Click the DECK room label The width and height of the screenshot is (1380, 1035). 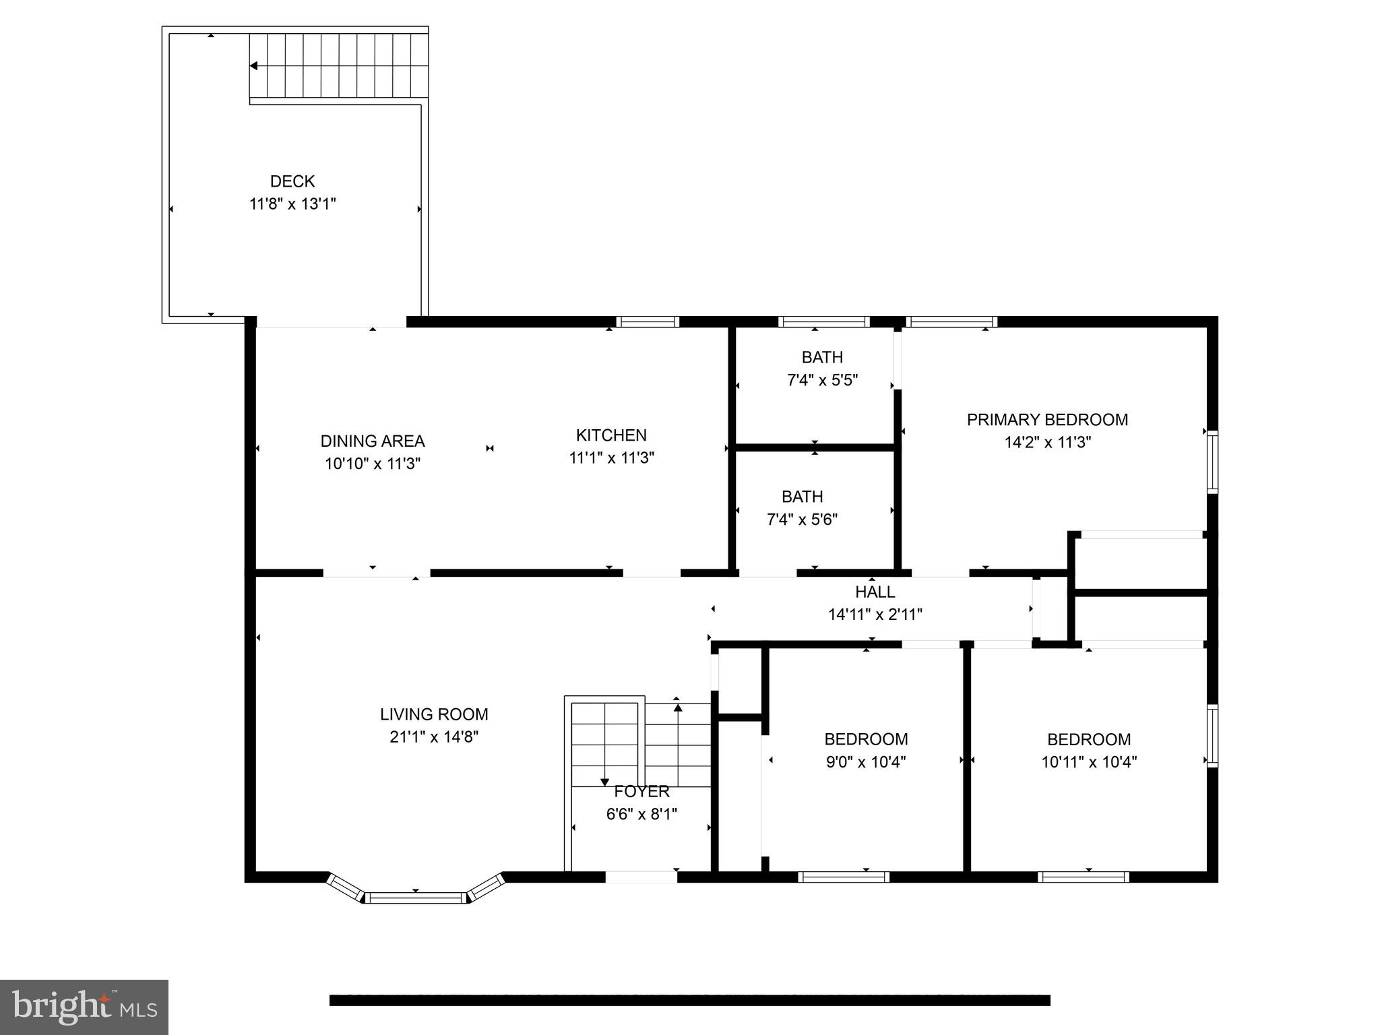(292, 181)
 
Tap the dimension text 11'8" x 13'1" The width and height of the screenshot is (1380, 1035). (292, 203)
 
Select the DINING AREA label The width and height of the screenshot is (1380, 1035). (372, 441)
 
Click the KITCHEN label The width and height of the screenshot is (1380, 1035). (611, 435)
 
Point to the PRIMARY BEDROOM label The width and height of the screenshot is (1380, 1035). (1047, 420)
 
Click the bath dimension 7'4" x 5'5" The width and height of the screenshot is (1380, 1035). (822, 380)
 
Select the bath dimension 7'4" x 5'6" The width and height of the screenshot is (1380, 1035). (802, 520)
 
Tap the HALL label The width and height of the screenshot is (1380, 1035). (875, 592)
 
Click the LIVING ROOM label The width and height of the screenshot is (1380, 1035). (434, 714)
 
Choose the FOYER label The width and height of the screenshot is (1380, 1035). (641, 791)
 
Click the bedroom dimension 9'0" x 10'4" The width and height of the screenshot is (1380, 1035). (866, 762)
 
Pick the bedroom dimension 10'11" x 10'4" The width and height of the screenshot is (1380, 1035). (1089, 762)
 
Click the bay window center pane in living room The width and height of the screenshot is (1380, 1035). (416, 897)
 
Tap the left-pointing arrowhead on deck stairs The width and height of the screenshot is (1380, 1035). (254, 66)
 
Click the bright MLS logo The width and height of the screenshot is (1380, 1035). (84, 1007)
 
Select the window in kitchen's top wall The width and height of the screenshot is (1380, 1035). (647, 322)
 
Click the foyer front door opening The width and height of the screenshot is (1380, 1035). (641, 877)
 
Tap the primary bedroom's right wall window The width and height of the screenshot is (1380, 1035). (1212, 462)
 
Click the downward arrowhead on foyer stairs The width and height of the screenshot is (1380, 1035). (604, 782)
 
